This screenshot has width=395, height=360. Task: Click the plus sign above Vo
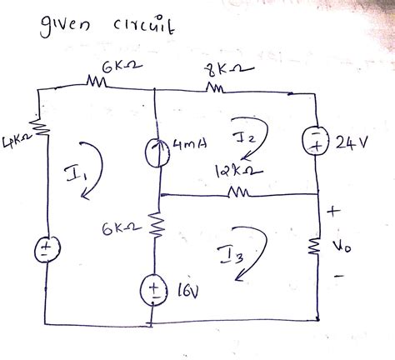coord(338,213)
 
